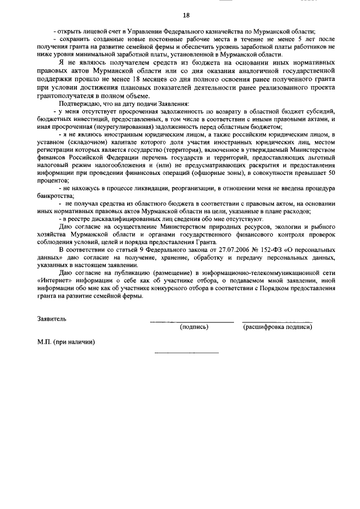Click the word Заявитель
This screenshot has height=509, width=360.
tap(51, 318)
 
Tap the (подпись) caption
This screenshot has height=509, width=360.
tap(193, 327)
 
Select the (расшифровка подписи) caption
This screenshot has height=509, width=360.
tap(277, 327)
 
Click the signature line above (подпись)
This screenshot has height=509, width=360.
tap(191, 322)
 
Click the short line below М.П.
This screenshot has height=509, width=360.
tap(186, 353)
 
